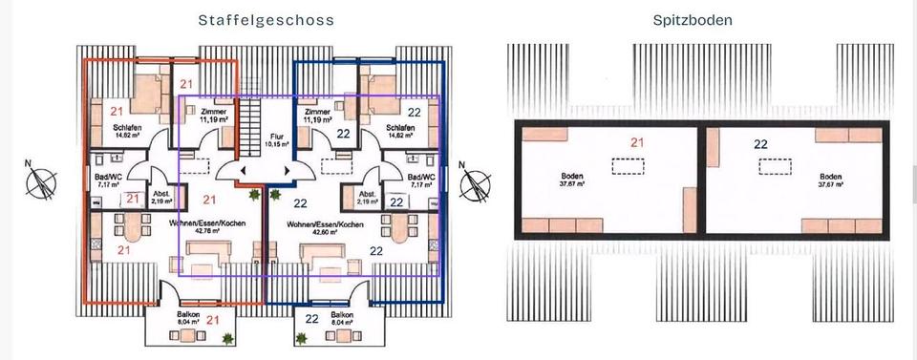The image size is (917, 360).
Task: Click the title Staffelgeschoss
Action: point(266,19)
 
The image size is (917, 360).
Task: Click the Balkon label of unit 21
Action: point(188,317)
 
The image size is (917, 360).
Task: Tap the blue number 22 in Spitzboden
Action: point(761,144)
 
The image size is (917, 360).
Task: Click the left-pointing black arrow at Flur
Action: point(244,171)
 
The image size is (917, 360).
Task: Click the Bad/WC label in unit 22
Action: point(420,180)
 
